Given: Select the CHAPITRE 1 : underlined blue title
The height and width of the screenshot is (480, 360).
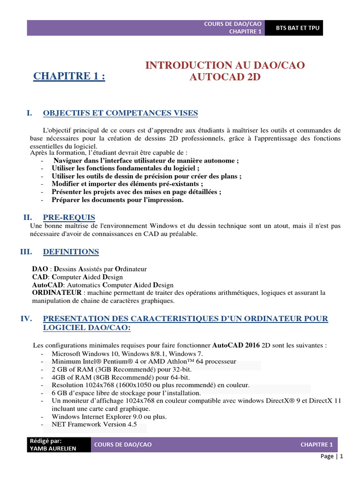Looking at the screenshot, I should pos(69,76).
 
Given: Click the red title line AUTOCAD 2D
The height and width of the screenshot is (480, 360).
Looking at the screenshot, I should pos(225,77).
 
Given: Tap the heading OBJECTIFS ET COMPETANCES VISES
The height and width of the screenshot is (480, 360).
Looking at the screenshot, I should pos(120,113).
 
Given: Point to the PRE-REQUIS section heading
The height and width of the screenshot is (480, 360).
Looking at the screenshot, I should pos(69,217).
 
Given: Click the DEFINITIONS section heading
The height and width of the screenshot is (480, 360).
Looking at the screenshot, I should pos(71,252).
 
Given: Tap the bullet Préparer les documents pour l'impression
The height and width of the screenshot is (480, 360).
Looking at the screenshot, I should pos(118,200).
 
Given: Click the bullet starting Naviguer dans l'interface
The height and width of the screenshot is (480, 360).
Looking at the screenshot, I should pos(146,160).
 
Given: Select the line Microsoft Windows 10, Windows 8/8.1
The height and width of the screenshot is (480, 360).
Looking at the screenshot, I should pos(127,353).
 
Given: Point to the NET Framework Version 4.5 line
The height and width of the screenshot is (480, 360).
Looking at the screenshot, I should pos(94,425).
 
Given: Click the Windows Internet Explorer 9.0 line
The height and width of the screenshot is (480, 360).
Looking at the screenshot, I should pos(109,416).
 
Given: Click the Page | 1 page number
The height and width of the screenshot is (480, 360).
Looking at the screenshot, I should pos(332,456).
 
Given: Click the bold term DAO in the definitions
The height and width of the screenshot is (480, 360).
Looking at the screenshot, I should pos(39,269).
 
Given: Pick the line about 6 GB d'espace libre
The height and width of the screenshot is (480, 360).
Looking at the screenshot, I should pos(126,393).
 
